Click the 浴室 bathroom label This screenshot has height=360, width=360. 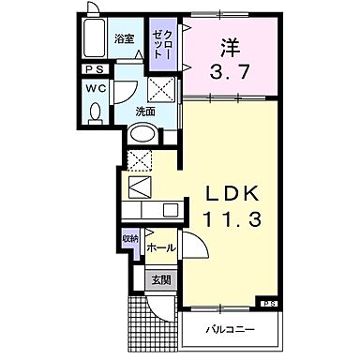pos(125,39)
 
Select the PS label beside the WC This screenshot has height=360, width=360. pos(95,69)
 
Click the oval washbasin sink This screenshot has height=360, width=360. pos(141,133)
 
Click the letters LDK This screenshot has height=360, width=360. pos(235,194)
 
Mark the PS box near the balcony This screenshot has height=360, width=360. pos(269,303)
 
